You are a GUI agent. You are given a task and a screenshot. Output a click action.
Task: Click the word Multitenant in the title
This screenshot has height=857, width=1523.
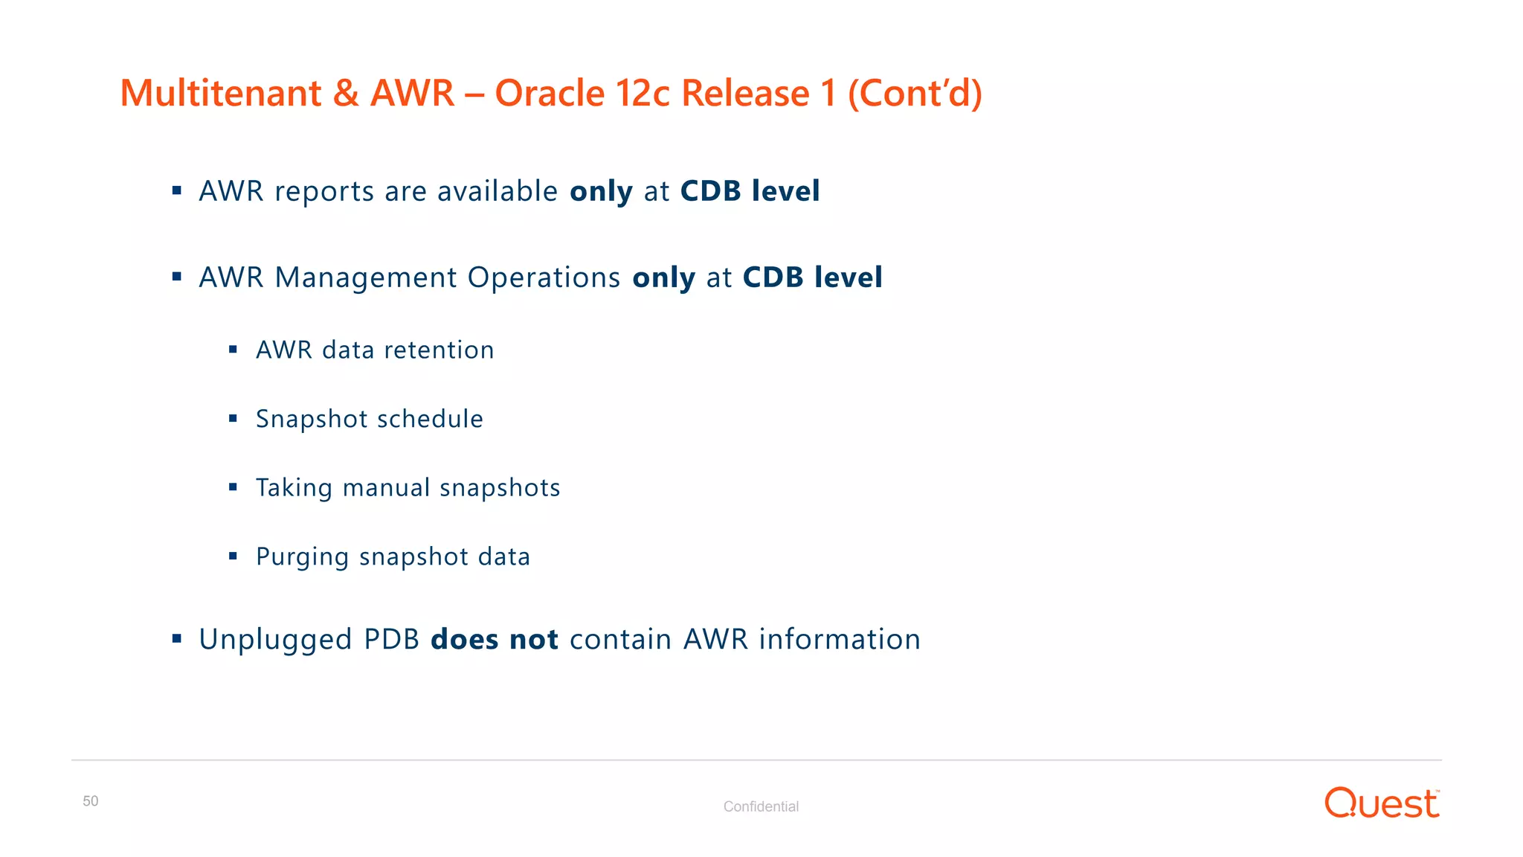click(221, 94)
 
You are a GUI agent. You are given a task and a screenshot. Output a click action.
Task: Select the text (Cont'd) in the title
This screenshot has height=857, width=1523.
click(915, 94)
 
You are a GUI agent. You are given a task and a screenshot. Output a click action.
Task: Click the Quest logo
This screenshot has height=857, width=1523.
click(1382, 803)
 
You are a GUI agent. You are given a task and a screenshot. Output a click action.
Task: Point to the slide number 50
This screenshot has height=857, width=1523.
click(90, 801)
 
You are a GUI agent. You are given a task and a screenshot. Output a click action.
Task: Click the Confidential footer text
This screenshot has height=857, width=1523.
click(761, 806)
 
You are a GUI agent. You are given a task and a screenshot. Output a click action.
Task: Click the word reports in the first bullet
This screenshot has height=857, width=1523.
click(324, 192)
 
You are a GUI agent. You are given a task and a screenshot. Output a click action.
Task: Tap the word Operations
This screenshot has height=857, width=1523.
click(544, 278)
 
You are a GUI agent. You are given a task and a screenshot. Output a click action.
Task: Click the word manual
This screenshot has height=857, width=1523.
click(386, 488)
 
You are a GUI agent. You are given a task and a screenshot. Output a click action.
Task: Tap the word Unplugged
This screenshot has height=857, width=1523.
click(275, 640)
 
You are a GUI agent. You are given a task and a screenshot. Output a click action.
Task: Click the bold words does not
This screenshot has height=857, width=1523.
click(495, 640)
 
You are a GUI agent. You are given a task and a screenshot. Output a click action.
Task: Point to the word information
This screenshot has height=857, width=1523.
click(840, 640)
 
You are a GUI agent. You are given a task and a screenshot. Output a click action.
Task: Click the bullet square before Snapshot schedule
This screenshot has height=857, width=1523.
click(233, 419)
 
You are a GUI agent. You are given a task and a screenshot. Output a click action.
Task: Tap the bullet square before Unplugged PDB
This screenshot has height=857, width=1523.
click(177, 638)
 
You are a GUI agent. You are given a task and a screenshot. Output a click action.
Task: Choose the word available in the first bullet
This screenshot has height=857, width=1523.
click(498, 192)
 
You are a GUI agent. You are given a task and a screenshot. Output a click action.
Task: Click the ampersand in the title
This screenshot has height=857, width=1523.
click(345, 94)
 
